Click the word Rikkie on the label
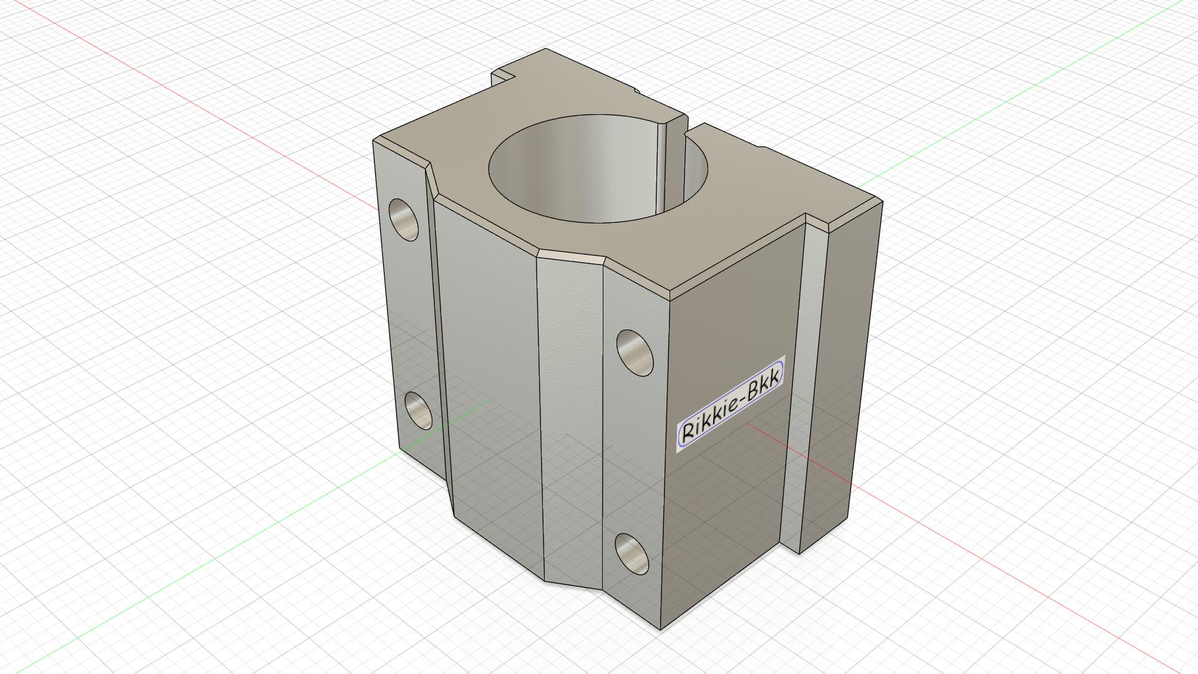706,423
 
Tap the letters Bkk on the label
763,387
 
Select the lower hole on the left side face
417,409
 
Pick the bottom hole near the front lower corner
631,554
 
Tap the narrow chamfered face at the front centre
571,418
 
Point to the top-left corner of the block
373,140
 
